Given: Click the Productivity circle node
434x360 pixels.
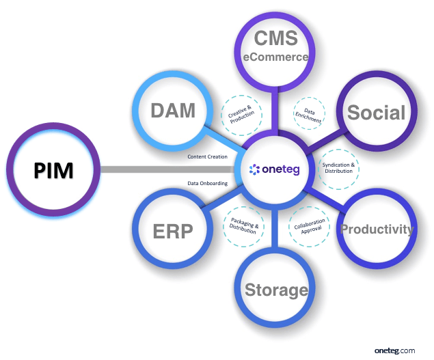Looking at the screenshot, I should (377, 229).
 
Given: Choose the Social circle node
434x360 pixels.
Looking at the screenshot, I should (376, 113).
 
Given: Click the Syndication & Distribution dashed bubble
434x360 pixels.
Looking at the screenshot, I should (338, 168).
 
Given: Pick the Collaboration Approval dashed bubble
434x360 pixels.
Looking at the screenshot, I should (308, 227).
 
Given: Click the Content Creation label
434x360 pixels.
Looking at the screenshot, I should (208, 157).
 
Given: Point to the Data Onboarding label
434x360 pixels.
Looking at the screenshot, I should (208, 183).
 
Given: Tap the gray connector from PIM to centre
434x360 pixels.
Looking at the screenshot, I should (164, 169).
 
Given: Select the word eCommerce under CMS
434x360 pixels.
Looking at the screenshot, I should (275, 57).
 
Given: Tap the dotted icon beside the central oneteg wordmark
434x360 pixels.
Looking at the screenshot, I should (255, 169).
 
